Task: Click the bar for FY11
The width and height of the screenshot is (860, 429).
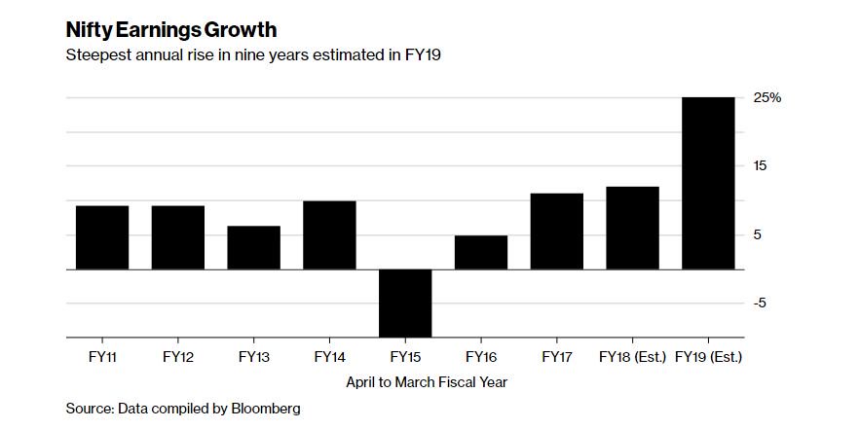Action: click(102, 237)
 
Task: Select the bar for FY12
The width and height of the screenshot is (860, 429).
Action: click(178, 237)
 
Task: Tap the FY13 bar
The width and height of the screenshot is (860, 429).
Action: click(254, 247)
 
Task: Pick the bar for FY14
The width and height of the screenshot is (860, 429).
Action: click(329, 234)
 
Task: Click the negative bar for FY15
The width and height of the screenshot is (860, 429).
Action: click(405, 303)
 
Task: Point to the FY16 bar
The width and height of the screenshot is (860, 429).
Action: click(481, 252)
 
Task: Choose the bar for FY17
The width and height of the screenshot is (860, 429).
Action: click(557, 231)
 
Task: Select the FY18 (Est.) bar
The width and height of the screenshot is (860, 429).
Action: click(632, 228)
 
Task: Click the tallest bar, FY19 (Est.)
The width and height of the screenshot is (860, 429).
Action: click(708, 183)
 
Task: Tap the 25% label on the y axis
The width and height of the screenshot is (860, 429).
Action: click(767, 98)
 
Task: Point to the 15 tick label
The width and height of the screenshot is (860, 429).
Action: click(761, 166)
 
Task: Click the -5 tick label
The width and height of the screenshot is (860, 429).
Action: click(761, 304)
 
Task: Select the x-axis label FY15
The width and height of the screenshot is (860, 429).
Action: click(405, 358)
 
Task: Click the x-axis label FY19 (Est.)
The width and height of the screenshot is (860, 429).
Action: click(708, 358)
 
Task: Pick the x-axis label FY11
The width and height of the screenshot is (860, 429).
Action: click(102, 358)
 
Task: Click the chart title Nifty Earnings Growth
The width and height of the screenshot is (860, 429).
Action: click(171, 30)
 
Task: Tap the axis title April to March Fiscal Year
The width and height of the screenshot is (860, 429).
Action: click(427, 382)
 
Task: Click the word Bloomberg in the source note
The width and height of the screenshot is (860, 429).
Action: click(263, 408)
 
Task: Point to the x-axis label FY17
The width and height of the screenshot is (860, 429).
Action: click(557, 358)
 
